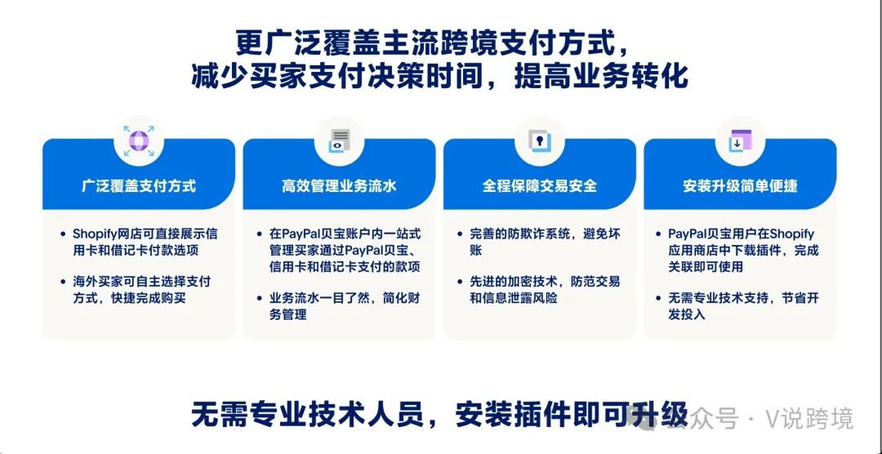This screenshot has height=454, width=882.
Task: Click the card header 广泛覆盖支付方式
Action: (139, 186)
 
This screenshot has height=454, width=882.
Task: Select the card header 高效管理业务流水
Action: (339, 186)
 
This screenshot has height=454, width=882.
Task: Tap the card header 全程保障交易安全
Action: (539, 186)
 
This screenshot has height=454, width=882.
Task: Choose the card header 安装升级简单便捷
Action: (740, 186)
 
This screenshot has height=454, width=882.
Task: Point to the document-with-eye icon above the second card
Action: (339, 140)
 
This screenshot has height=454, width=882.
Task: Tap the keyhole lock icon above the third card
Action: (539, 140)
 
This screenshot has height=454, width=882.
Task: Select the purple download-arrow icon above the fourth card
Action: (740, 140)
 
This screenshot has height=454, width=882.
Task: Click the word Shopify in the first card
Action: (96, 234)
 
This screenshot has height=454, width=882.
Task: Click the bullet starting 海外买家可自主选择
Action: (140, 290)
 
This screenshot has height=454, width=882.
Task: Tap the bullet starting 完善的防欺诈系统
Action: (543, 242)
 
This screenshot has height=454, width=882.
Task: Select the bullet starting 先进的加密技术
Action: (543, 290)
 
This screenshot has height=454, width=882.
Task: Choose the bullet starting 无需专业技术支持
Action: (743, 306)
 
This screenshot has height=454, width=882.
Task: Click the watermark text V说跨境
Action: (808, 419)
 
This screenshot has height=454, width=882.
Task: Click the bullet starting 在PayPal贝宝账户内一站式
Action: (343, 251)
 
